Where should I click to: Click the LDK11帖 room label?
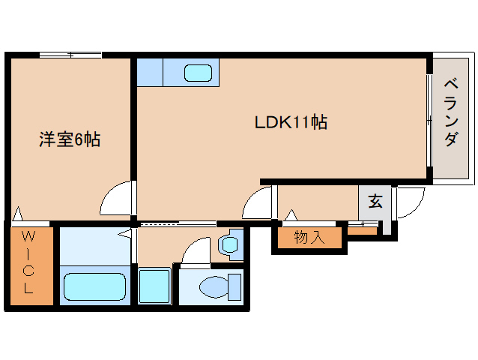(290, 122)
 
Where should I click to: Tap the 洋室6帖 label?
(70, 139)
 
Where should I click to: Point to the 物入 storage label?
(309, 238)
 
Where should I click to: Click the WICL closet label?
(30, 266)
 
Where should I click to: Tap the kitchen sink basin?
(199, 73)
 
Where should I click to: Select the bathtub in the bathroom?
(94, 286)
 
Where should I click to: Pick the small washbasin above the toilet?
(229, 244)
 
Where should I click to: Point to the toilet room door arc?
(196, 249)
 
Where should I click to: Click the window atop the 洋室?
(70, 54)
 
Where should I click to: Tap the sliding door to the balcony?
(429, 120)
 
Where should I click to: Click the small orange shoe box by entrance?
(362, 231)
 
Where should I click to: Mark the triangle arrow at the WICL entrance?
(16, 214)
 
